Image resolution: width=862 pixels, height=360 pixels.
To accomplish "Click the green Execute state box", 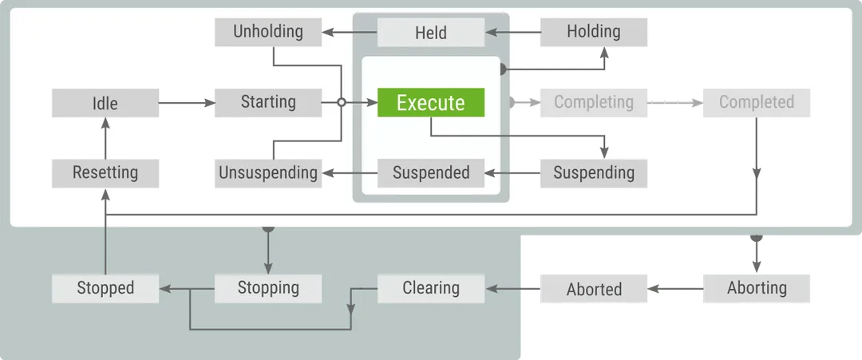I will pyautogui.click(x=431, y=103).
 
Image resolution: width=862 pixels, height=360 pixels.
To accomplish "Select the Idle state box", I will pyautogui.click(x=105, y=103).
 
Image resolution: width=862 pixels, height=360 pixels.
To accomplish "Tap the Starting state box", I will pyautogui.click(x=268, y=102).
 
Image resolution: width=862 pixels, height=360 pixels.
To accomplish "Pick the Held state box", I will pyautogui.click(x=431, y=33).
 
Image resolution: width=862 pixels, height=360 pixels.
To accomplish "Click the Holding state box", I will pyautogui.click(x=594, y=32).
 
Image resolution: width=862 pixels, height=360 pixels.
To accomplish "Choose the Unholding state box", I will pyautogui.click(x=268, y=32).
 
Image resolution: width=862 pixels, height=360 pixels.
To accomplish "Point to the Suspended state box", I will pyautogui.click(x=431, y=172).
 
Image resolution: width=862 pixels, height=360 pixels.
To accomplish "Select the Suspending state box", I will pyautogui.click(x=594, y=172).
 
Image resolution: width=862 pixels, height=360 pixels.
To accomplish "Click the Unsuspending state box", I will pyautogui.click(x=268, y=172).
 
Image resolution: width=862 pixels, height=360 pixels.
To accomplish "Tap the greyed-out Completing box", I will pyautogui.click(x=594, y=102).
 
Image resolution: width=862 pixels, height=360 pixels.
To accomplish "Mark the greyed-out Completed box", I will pyautogui.click(x=757, y=102).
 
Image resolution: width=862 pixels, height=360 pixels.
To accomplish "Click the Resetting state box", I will pyautogui.click(x=105, y=172).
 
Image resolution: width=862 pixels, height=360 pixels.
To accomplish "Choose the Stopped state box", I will pyautogui.click(x=105, y=288).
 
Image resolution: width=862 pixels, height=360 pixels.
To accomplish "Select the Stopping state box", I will pyautogui.click(x=268, y=288).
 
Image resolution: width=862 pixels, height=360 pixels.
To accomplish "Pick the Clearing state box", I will pyautogui.click(x=431, y=288).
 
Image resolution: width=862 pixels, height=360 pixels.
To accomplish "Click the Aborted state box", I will pyautogui.click(x=594, y=289).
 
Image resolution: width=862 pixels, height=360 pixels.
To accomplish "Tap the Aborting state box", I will pyautogui.click(x=757, y=288).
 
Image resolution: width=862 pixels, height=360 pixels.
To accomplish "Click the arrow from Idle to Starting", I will pyautogui.click(x=187, y=103).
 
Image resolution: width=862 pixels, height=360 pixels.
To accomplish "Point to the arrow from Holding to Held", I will pyautogui.click(x=512, y=33).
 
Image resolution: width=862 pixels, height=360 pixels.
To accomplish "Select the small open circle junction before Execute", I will pyautogui.click(x=341, y=103).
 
